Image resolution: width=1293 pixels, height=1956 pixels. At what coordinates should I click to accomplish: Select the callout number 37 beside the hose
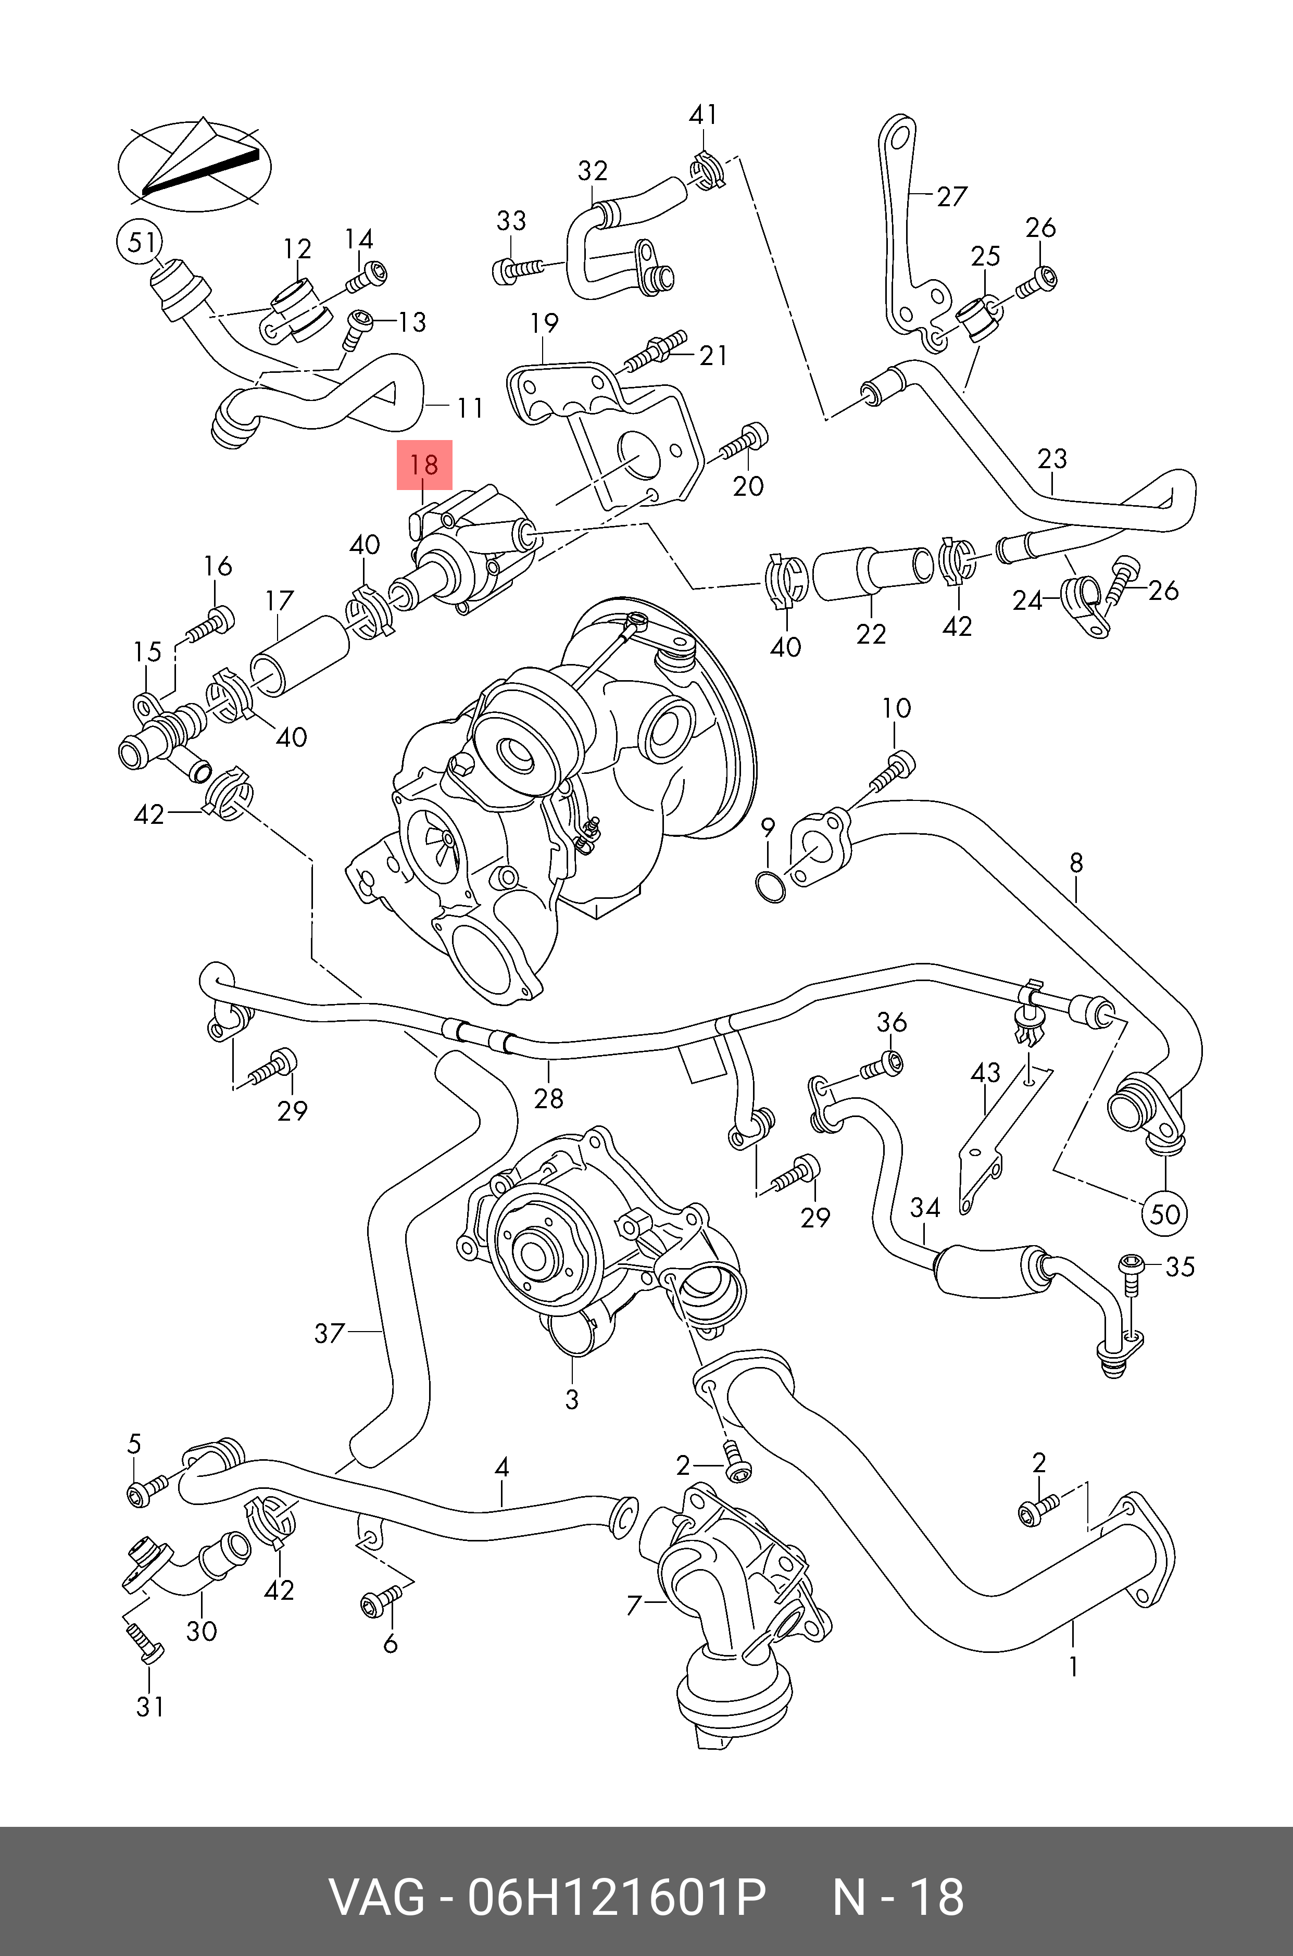point(329,1333)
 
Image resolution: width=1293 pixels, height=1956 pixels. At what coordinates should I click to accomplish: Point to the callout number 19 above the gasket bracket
point(544,322)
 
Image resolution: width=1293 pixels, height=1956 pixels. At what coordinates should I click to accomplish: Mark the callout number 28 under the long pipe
point(548,1098)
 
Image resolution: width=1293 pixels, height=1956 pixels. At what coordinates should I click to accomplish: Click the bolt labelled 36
point(882,1065)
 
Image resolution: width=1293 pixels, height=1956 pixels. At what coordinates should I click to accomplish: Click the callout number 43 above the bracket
point(985,1072)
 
